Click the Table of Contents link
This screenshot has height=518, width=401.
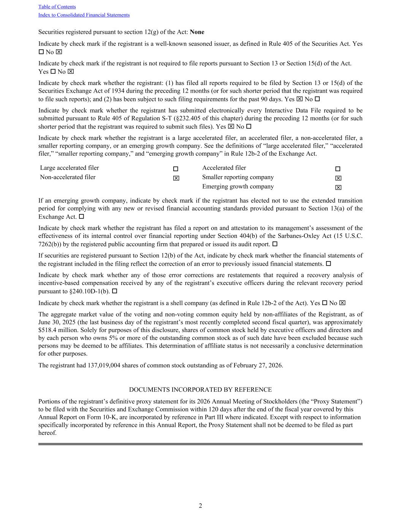57,7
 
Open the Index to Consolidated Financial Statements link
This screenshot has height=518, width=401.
84,15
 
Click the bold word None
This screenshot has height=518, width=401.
197,32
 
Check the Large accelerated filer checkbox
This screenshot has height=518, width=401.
176,169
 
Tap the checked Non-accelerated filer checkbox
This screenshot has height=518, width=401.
176,178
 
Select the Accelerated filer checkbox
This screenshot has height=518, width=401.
338,169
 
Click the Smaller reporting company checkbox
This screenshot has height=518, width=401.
338,178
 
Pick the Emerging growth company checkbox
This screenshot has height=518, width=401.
338,187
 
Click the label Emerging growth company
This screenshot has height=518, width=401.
238,187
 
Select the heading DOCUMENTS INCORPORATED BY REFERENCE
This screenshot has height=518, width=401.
200,390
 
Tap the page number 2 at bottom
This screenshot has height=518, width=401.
200,505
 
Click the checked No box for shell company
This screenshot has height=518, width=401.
342,303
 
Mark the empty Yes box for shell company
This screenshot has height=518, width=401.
325,303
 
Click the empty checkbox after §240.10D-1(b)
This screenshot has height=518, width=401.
114,291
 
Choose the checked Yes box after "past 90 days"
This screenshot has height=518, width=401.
300,99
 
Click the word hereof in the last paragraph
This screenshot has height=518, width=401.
47,433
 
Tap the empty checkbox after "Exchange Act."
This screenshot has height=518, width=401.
81,217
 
